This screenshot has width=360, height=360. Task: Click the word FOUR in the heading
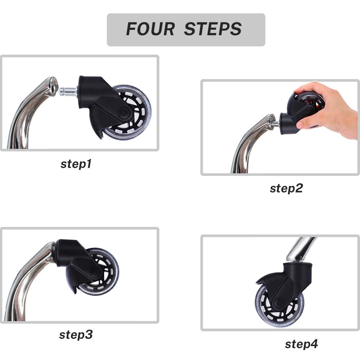coord(150,29)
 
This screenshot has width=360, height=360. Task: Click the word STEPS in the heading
coord(213,29)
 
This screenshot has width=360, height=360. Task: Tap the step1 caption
coord(76,164)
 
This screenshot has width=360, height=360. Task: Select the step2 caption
coord(286,188)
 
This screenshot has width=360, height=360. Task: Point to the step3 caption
coord(76,335)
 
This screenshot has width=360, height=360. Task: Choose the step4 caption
coord(301,344)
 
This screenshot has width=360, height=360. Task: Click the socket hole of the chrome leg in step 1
coord(54,87)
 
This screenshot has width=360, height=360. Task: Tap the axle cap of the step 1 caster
coord(123,112)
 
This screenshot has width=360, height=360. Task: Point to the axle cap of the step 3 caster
coord(94,273)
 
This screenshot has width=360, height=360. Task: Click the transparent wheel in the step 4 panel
coord(279,305)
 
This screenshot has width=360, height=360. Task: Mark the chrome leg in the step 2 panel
coord(246,142)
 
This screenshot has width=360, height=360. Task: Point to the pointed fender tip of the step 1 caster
coord(101,138)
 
